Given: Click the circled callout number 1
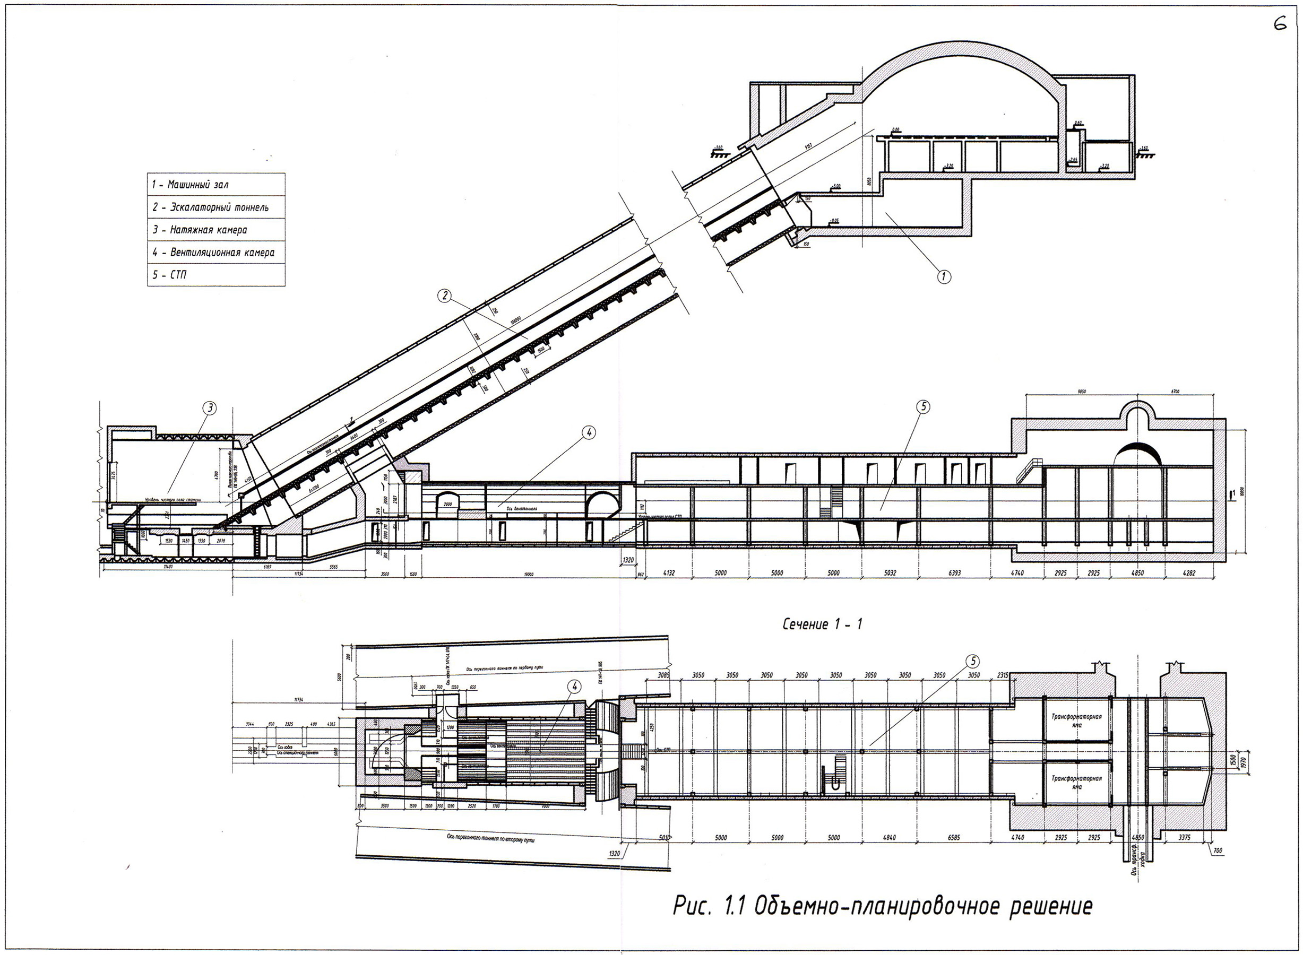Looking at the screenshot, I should (x=943, y=276).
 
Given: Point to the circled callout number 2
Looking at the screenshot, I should (x=444, y=296).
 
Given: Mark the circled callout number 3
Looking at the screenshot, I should (x=210, y=408).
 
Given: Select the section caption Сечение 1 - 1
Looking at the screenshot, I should (x=822, y=624).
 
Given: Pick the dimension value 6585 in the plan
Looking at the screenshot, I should (x=954, y=838).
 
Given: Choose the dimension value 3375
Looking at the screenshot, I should (x=1184, y=838).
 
